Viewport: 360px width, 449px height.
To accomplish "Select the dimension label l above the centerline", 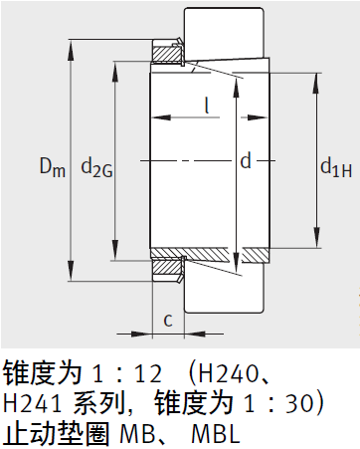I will (206, 104).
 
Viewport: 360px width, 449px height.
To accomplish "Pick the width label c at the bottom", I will (168, 319).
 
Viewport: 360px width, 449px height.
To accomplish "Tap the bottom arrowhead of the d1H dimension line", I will (316, 244).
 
